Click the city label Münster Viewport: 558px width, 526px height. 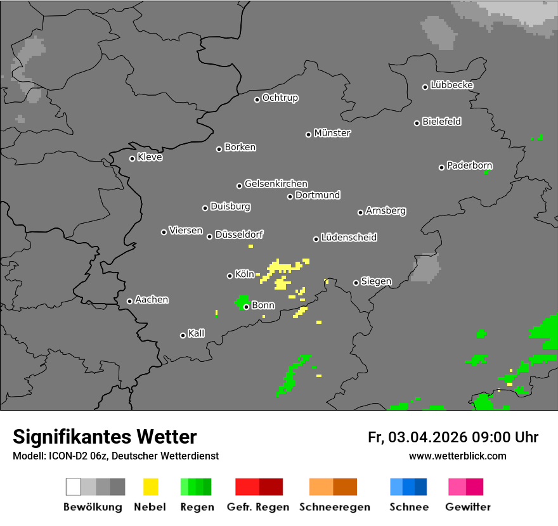click(x=332, y=133)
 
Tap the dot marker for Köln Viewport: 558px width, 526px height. click(x=230, y=276)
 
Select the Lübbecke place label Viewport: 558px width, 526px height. click(x=451, y=85)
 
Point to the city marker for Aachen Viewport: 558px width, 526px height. click(x=129, y=301)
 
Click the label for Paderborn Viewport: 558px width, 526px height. click(x=469, y=166)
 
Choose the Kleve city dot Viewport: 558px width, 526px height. click(x=132, y=158)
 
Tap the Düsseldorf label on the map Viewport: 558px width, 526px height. click(x=239, y=234)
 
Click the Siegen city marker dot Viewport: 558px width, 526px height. click(x=356, y=283)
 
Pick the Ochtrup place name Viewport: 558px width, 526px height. click(x=280, y=98)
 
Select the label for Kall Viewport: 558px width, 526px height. click(x=197, y=333)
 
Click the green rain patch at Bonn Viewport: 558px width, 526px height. click(x=241, y=301)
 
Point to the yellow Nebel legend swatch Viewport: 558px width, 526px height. click(x=150, y=487)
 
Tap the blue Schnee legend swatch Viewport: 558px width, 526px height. click(x=408, y=487)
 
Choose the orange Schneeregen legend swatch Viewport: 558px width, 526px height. click(x=333, y=487)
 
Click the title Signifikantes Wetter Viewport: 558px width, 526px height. click(x=105, y=437)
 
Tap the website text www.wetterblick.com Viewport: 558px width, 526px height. click(x=458, y=456)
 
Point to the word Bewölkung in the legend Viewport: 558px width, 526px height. click(x=93, y=507)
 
